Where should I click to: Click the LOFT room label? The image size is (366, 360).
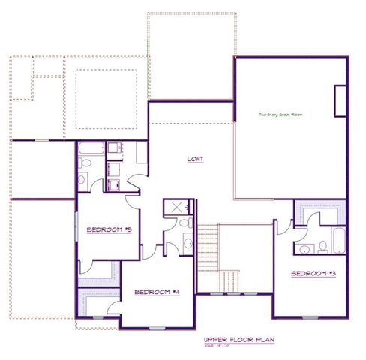pos(196,159)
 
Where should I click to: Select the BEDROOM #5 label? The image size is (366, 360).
pos(109,229)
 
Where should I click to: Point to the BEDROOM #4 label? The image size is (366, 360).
pos(157,292)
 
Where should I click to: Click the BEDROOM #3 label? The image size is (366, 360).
pos(312,273)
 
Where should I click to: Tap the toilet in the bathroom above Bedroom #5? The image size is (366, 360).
pos(85,164)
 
